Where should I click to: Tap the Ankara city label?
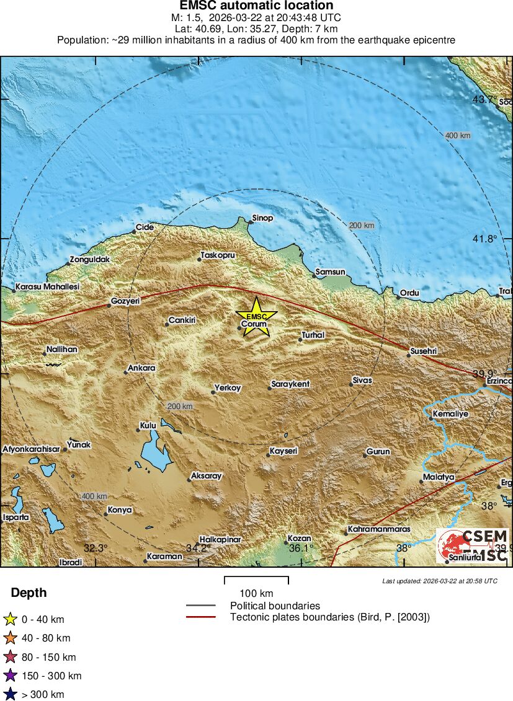pos(141,368)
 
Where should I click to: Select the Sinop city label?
pos(262,218)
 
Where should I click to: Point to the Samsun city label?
pos(330,271)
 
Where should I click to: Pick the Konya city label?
pos(119,510)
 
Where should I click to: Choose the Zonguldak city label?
pos(89,260)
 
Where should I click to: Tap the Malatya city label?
pos(439,477)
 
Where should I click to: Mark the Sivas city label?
pos(362,380)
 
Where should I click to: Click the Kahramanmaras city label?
pos(379,529)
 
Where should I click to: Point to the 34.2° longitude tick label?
pos(200,548)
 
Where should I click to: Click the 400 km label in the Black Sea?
pos(458,136)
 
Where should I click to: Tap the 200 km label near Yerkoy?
pos(180,406)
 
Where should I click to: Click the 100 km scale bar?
pos(256,581)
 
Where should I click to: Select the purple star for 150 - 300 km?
pos(10,676)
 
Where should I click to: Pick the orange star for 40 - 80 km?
pos(10,638)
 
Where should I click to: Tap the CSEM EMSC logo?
pos(473,545)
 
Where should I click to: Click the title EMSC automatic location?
pos(256,6)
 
